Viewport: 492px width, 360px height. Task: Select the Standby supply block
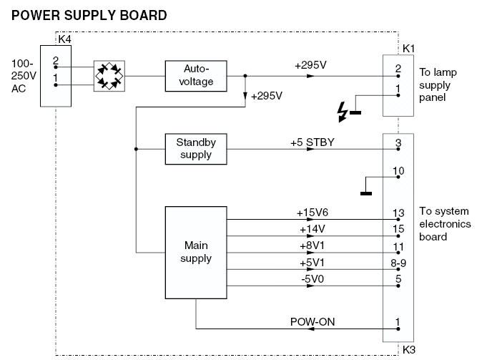pyautogui.click(x=195, y=149)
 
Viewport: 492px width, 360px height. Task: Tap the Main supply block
pyautogui.click(x=195, y=252)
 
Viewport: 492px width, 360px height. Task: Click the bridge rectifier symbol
pyautogui.click(x=109, y=74)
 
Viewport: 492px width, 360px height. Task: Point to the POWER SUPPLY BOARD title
pyautogui.click(x=89, y=14)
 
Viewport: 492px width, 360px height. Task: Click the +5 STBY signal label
pyautogui.click(x=312, y=142)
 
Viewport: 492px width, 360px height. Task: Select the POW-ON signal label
pyautogui.click(x=312, y=322)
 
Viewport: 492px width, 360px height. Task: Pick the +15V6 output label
pyautogui.click(x=312, y=213)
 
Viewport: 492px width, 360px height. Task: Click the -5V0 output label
pyautogui.click(x=312, y=279)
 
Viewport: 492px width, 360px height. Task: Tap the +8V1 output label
pyautogui.click(x=312, y=246)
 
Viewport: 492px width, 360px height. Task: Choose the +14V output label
pyautogui.click(x=312, y=229)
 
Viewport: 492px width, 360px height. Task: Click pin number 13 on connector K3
pyautogui.click(x=398, y=213)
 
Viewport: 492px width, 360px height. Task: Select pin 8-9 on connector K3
pyautogui.click(x=398, y=263)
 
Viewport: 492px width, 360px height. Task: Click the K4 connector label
pyautogui.click(x=64, y=39)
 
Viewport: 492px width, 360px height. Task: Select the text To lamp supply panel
pyautogui.click(x=438, y=84)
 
